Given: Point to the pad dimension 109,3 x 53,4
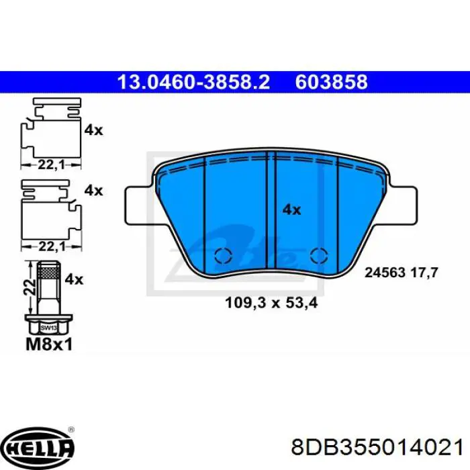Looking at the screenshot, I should pos(271,303).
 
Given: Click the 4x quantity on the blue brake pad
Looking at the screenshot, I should pos(291,210).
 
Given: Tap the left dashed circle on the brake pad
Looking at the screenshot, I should pos(222,256).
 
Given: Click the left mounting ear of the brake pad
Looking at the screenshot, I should pos(140,199).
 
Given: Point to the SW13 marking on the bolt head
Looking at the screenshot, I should pos(47,328).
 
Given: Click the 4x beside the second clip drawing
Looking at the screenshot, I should pos(93,190).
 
